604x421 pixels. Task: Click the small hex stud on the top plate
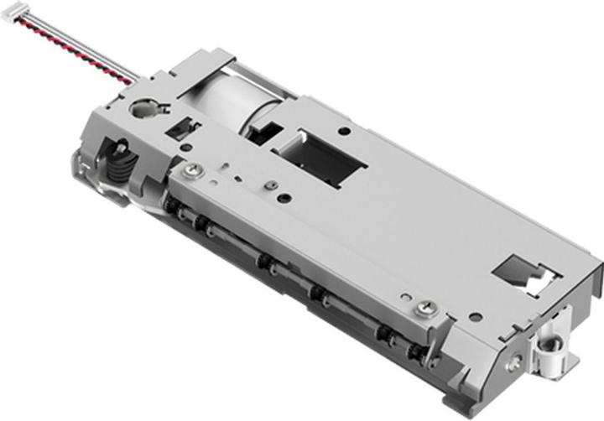(270, 185)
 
